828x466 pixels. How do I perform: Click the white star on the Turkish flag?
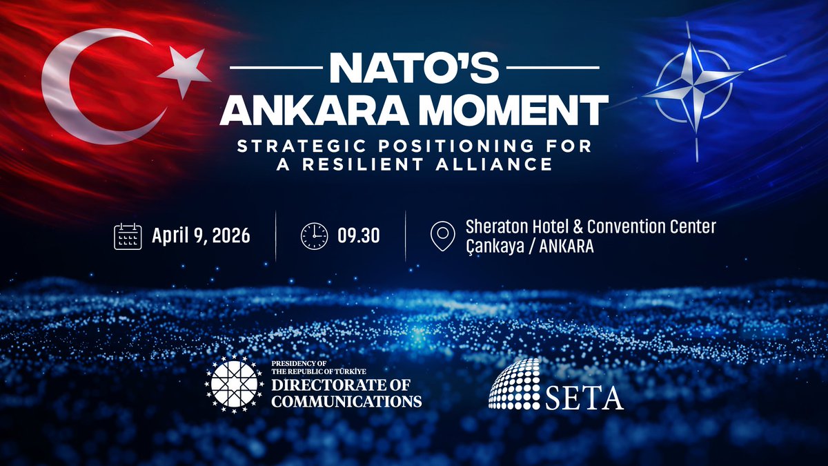(x=184, y=71)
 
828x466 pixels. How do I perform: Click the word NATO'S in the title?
(x=414, y=68)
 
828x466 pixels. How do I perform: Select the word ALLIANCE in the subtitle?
(x=503, y=165)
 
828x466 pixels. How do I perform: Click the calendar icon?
(x=128, y=237)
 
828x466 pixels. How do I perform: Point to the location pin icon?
(x=442, y=236)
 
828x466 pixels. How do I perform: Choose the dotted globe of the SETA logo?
(x=515, y=383)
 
